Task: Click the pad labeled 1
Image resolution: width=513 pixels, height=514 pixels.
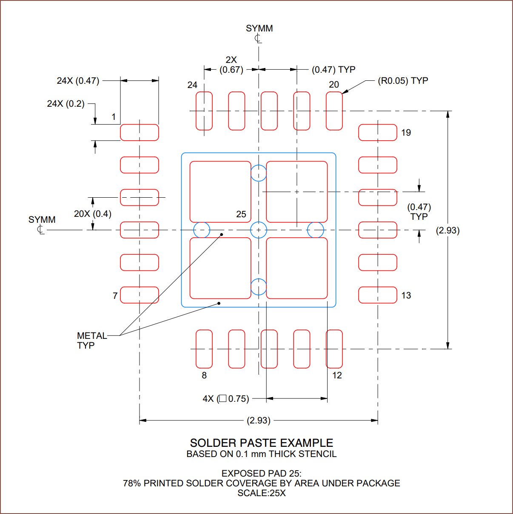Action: coord(140,133)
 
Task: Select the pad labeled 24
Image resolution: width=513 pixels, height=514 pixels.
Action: coord(204,111)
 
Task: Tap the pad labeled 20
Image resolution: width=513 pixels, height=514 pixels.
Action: coord(334,111)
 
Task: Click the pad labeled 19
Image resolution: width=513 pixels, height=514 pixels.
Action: coord(378,133)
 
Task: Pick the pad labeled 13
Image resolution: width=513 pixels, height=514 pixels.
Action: coord(378,295)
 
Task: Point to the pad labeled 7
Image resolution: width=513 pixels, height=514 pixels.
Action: coord(140,295)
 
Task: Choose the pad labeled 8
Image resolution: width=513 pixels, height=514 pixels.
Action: coord(204,349)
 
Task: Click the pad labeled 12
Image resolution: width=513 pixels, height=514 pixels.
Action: coord(334,349)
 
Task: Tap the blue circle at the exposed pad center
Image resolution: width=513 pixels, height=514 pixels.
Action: coord(259,230)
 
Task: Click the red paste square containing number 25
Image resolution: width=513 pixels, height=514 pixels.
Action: coord(220,192)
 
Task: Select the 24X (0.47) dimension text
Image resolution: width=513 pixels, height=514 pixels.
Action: coord(78,81)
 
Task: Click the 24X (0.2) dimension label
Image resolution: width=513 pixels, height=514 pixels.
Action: coord(66,104)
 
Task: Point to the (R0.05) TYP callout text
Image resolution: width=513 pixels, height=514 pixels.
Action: coord(403,81)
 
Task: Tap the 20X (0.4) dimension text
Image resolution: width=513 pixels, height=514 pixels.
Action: coord(93,214)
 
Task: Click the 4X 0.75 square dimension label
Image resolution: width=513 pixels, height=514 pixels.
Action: coord(226,399)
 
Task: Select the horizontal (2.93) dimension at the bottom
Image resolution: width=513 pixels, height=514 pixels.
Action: coord(259,420)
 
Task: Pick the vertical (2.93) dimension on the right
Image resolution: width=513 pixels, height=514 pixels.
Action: coord(447,230)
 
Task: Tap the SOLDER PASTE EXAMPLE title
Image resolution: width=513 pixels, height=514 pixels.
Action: coord(261,443)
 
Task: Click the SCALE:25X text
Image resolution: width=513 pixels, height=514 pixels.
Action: coord(261,493)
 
